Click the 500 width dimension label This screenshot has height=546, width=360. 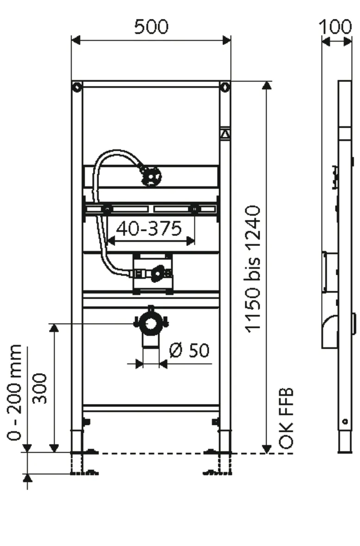click(x=151, y=27)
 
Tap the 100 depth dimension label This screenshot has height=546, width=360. click(x=336, y=27)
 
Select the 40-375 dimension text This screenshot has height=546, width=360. click(x=149, y=228)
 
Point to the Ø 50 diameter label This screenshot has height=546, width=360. click(x=189, y=350)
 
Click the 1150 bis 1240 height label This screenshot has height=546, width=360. click(x=254, y=270)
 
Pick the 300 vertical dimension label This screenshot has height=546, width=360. click(x=41, y=387)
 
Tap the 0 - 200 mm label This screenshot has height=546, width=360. click(x=15, y=392)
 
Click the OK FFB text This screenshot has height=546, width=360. click(x=287, y=419)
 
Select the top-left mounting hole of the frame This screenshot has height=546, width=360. click(x=76, y=87)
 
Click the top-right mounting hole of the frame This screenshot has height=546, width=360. click(x=224, y=87)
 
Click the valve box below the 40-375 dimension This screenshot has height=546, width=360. click(x=152, y=274)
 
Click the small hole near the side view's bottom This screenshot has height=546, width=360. click(x=345, y=422)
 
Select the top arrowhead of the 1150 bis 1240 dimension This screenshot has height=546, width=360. click(x=267, y=86)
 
